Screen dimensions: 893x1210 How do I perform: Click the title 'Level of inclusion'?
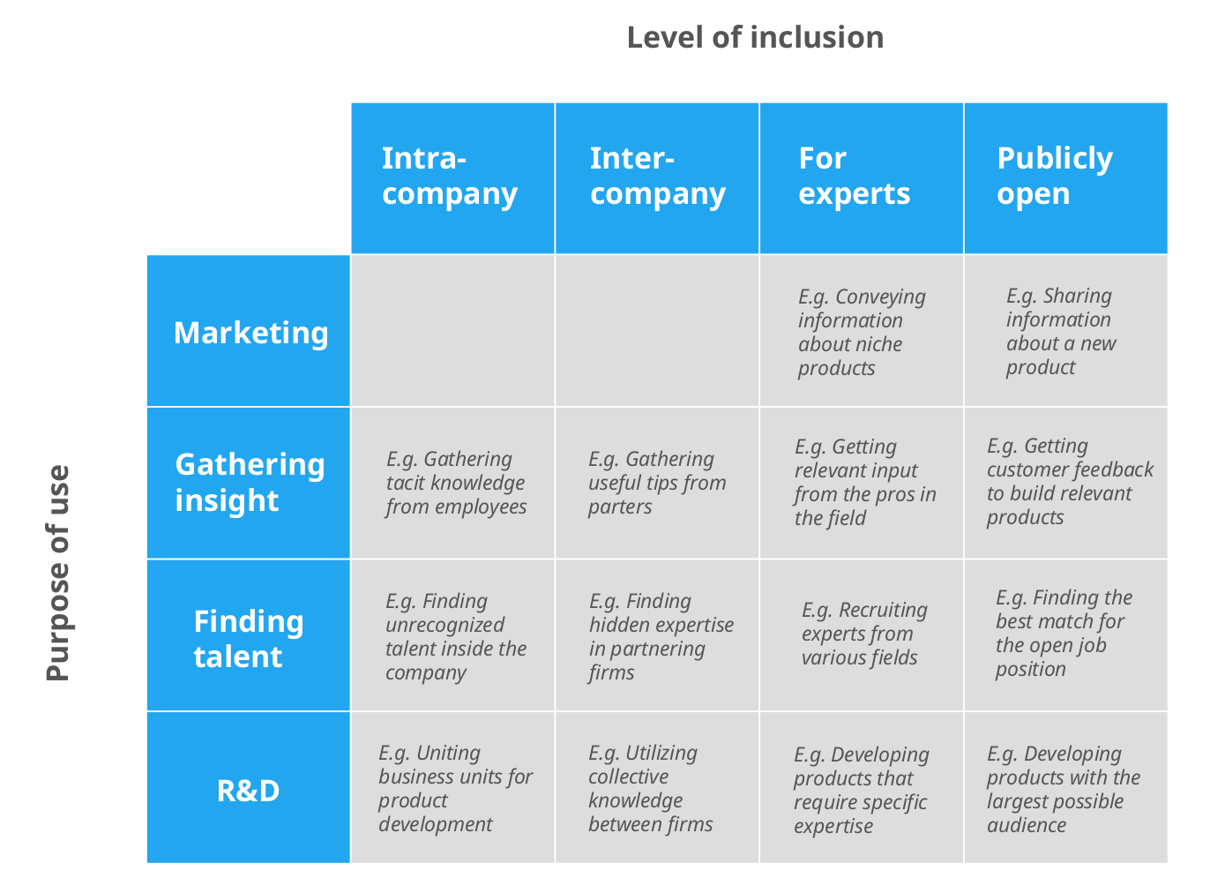(x=755, y=37)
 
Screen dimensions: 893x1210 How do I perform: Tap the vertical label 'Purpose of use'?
(x=57, y=573)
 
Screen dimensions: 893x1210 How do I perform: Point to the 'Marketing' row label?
(x=250, y=333)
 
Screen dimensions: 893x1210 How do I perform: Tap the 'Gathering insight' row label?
(x=250, y=482)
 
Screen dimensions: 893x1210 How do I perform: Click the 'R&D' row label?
(x=249, y=790)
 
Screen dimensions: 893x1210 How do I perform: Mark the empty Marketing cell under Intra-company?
(x=452, y=331)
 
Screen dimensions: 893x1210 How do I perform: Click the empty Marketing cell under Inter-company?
(x=657, y=331)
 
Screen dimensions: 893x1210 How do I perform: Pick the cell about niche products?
(x=861, y=332)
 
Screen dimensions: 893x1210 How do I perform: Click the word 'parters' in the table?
(x=621, y=507)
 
